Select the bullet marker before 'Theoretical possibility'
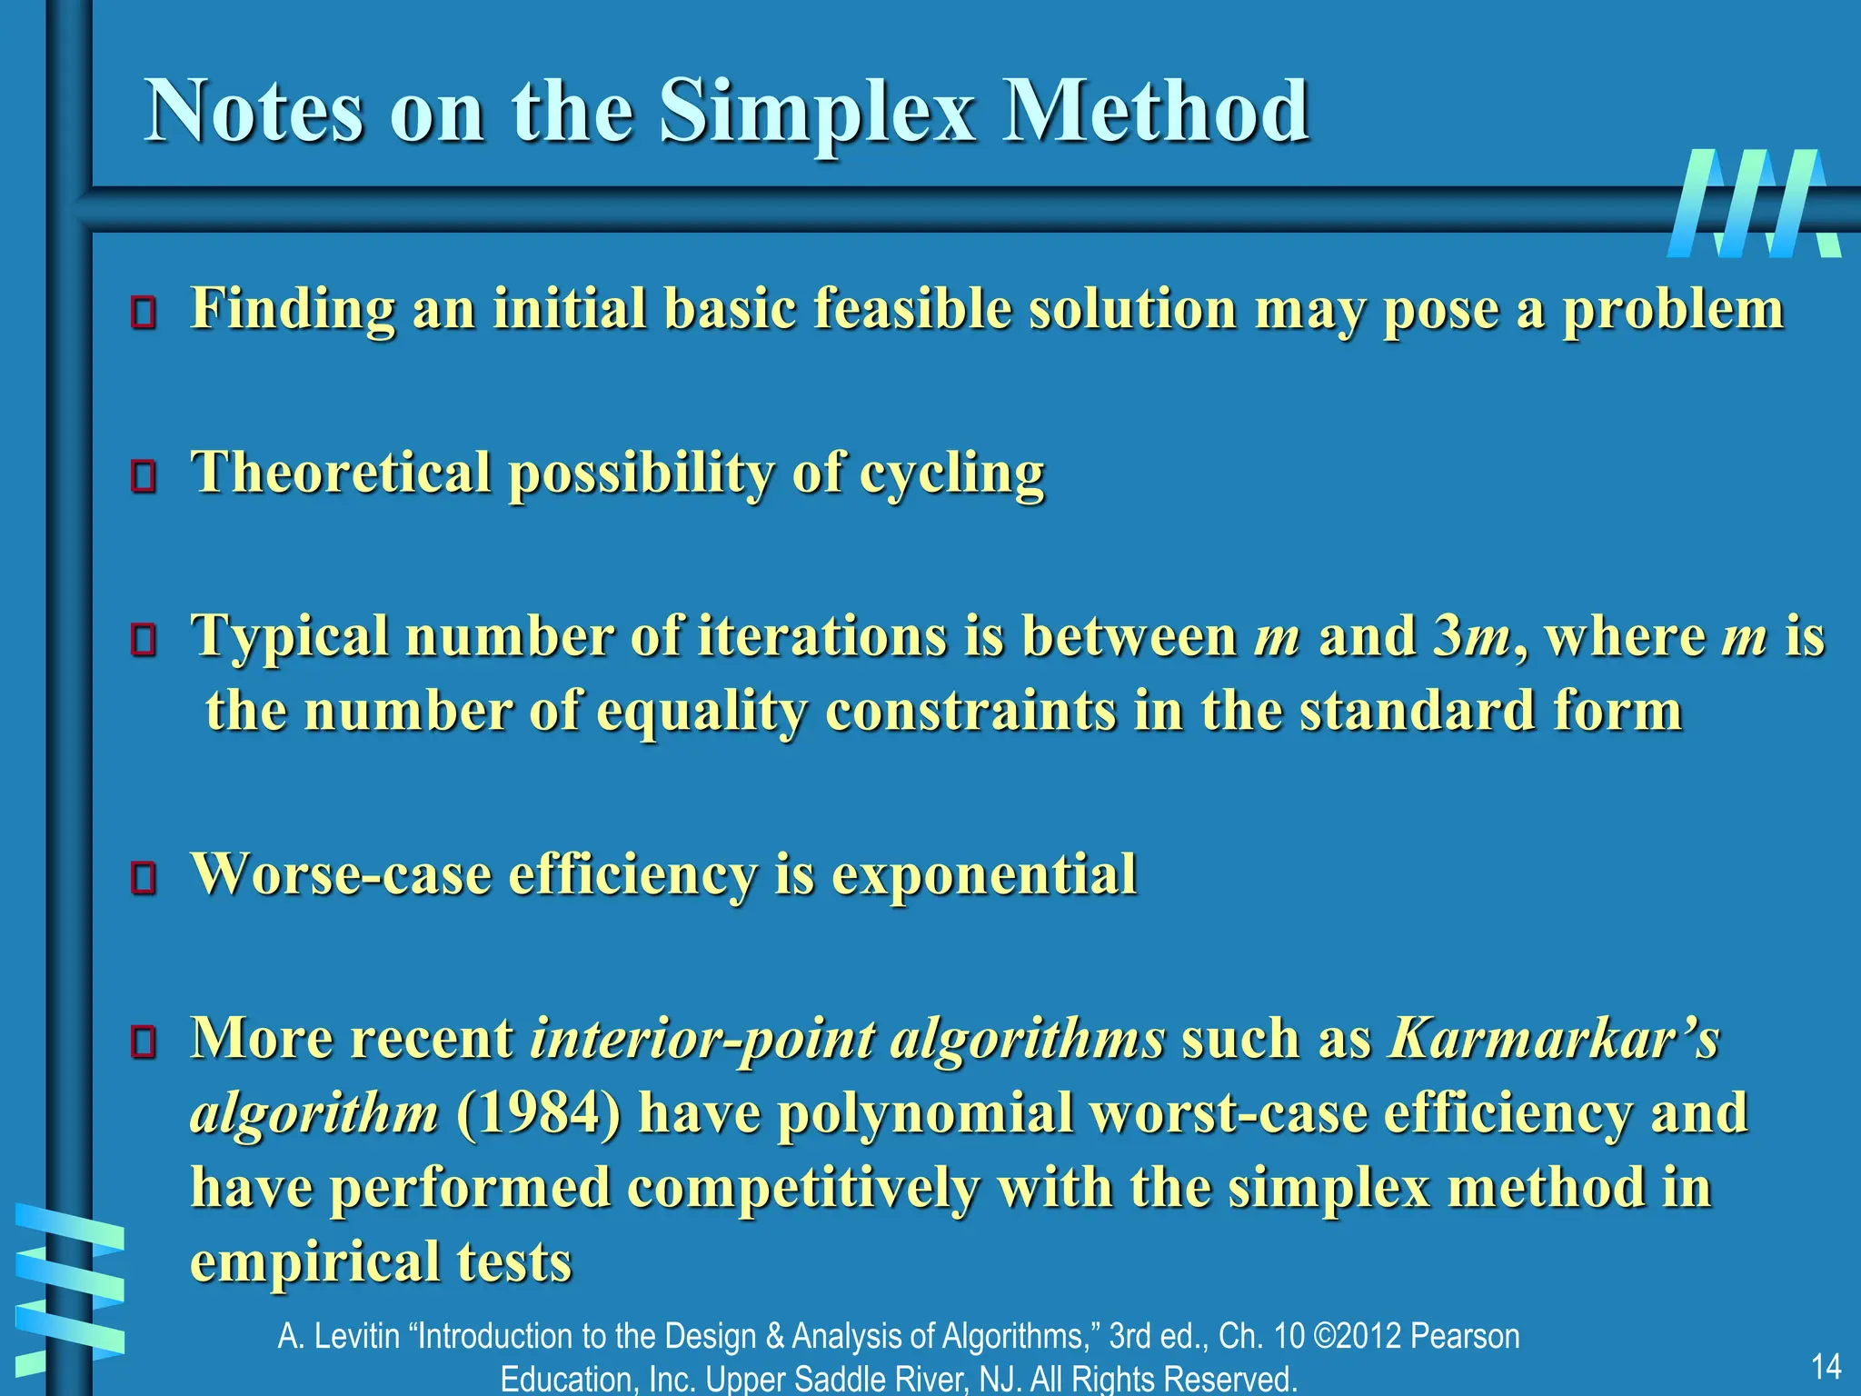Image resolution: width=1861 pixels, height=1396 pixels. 144,475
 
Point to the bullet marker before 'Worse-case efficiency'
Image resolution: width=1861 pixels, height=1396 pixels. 144,878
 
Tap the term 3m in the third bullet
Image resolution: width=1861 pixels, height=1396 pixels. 1472,635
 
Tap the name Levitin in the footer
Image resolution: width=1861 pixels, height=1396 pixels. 357,1336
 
